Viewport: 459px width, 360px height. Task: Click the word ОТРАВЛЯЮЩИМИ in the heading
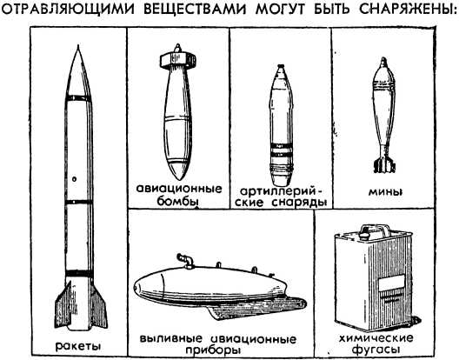(x=68, y=9)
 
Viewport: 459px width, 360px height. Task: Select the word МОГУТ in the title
(x=281, y=9)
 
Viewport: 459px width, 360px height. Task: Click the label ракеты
(x=78, y=347)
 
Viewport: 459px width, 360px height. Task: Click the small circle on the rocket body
(x=75, y=178)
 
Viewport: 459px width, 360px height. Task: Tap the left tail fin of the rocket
(x=63, y=306)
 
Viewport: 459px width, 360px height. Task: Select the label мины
(x=385, y=192)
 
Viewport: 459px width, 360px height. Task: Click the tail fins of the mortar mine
(x=384, y=164)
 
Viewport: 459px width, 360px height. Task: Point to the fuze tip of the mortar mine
(x=383, y=61)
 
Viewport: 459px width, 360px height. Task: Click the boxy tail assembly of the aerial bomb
(x=177, y=60)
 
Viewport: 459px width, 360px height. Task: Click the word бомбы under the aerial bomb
(x=178, y=201)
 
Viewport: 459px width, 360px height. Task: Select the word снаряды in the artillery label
(x=299, y=203)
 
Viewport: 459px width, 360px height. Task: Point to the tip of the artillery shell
(x=281, y=65)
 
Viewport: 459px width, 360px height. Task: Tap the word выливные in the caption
(x=171, y=339)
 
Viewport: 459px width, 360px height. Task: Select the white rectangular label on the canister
(x=391, y=283)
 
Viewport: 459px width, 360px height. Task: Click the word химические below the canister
(x=376, y=338)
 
